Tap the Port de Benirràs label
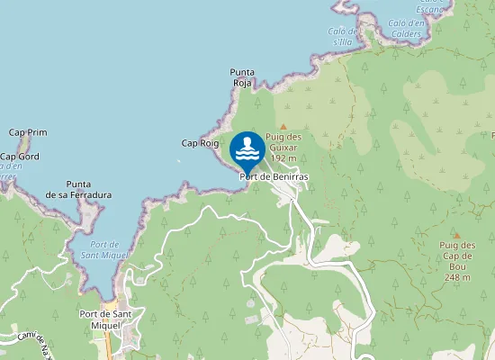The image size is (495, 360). tap(274, 177)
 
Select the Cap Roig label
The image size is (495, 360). tap(200, 143)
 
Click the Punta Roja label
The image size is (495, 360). tap(241, 77)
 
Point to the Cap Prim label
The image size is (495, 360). tap(28, 132)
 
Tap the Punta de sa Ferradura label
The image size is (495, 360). tap(78, 188)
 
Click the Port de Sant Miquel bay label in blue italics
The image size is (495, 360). tap(104, 249)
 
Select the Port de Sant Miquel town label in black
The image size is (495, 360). tap(106, 319)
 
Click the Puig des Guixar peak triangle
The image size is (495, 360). tap(283, 127)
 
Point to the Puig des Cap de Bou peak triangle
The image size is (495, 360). tap(456, 235)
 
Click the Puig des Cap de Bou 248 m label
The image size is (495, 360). tap(456, 261)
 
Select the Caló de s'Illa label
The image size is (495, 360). tap(344, 36)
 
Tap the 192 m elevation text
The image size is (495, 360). tap(283, 157)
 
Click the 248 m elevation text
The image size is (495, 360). tap(456, 277)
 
